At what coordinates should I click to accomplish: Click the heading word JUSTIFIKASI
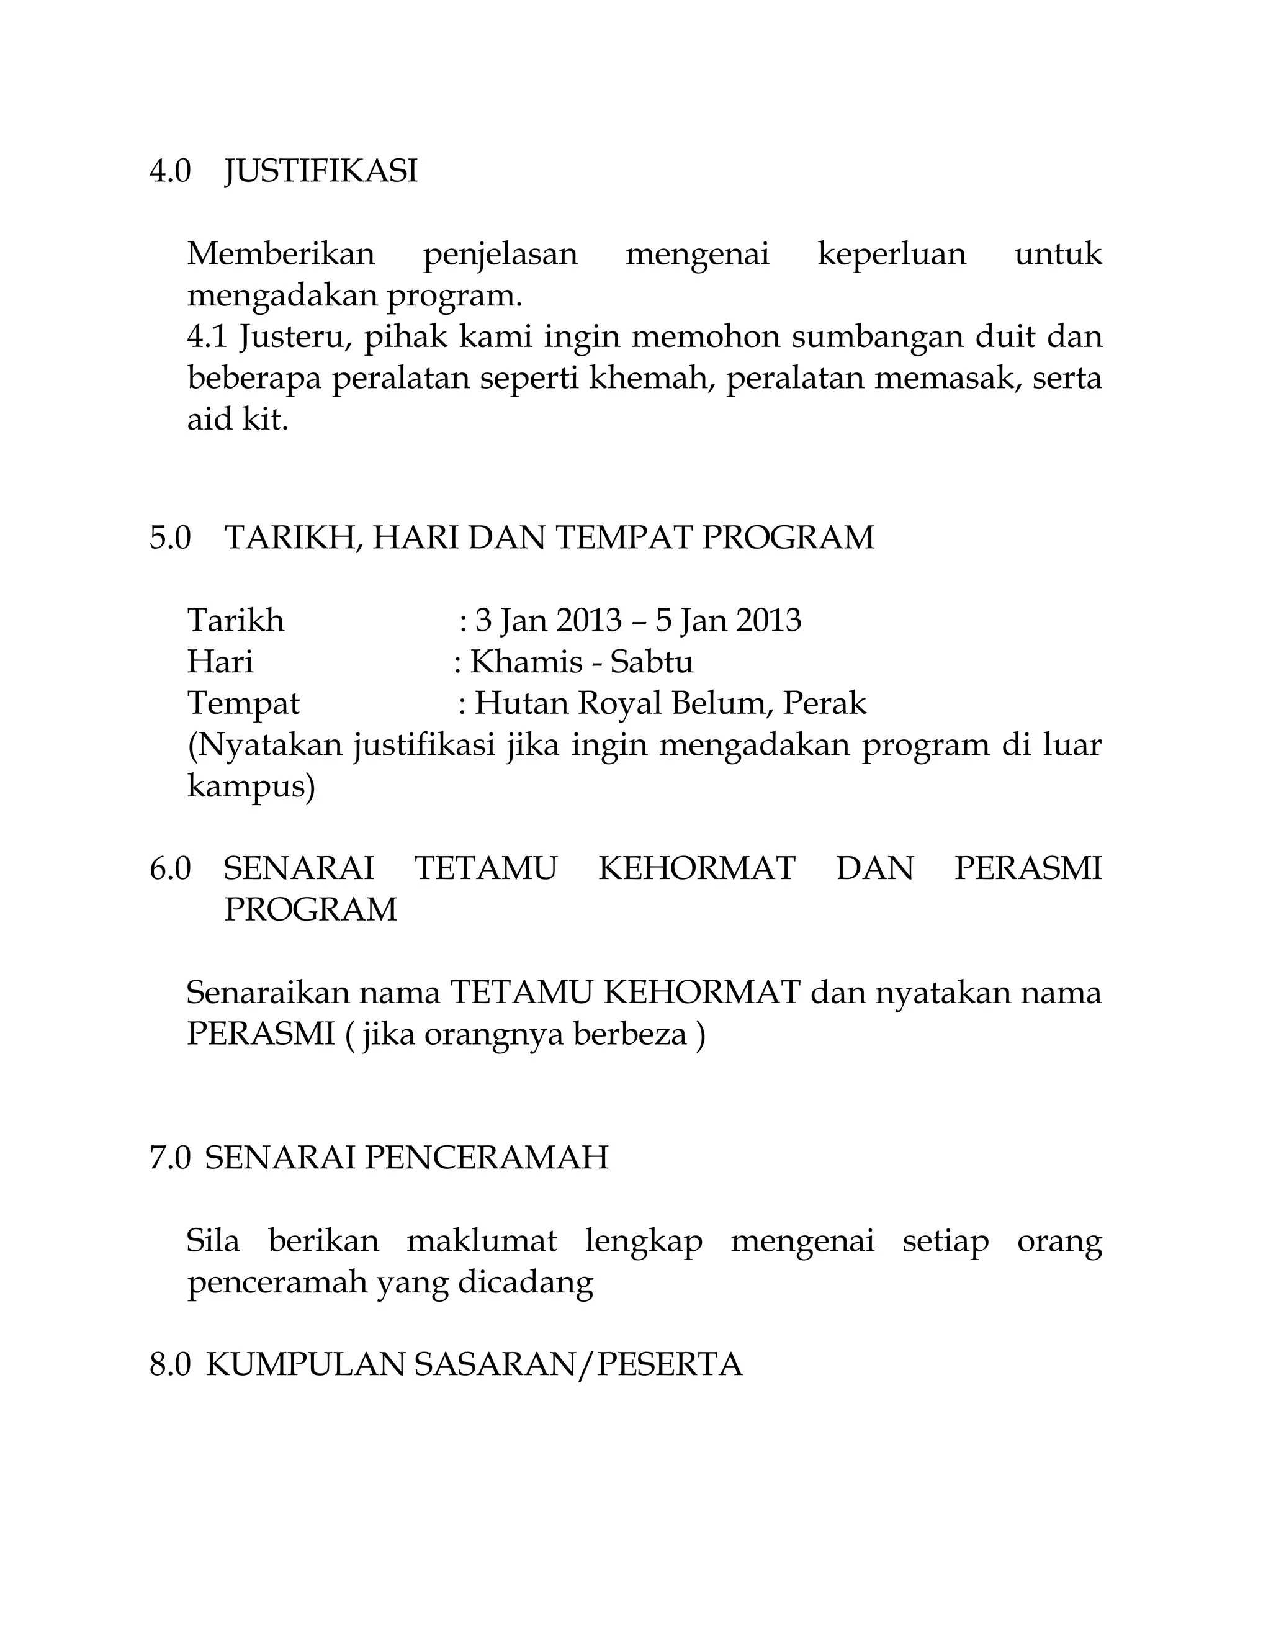coord(321,172)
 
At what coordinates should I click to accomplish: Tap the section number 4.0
coord(170,172)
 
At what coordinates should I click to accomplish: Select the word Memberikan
coord(281,254)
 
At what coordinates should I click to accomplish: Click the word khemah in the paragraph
coord(650,377)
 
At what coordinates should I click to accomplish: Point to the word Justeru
coord(295,336)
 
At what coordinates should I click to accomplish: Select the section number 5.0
coord(170,538)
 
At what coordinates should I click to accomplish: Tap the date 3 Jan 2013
coord(549,621)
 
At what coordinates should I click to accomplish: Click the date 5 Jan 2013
coord(728,621)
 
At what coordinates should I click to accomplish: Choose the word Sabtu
coord(651,662)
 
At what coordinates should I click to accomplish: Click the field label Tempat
coord(243,703)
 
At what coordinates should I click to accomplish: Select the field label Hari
coord(220,662)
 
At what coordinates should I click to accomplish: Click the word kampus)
coord(251,787)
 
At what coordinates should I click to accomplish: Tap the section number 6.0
coord(170,868)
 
